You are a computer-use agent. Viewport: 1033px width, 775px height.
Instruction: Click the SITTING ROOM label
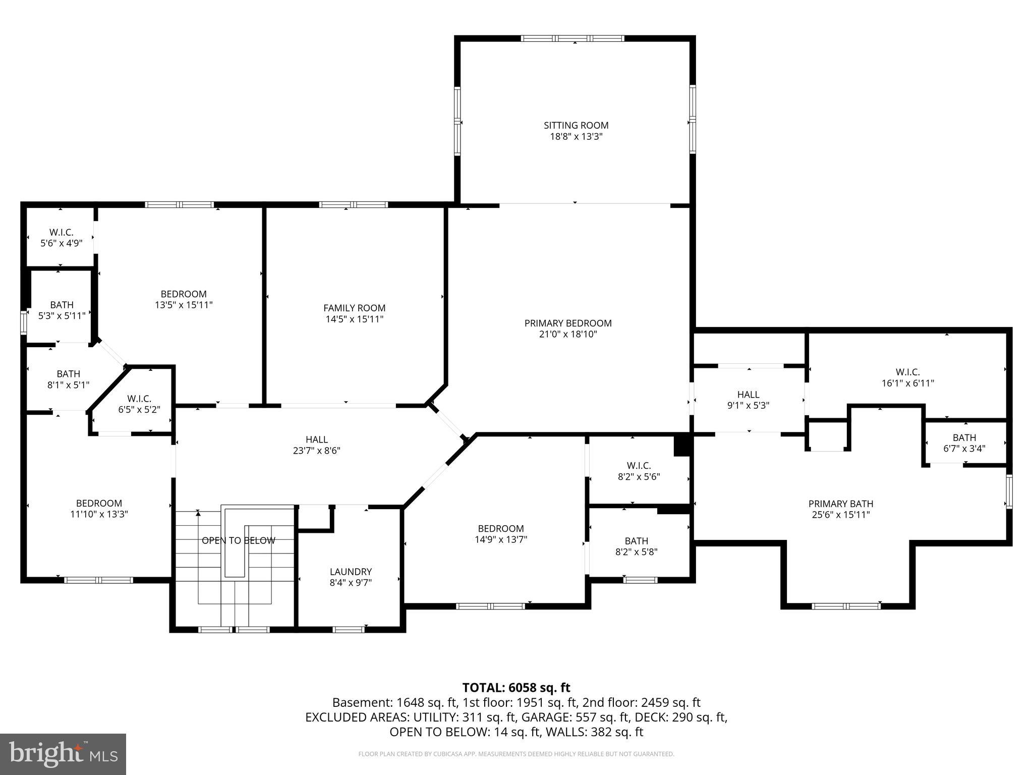click(576, 125)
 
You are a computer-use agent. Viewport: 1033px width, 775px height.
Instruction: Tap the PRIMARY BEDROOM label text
click(567, 323)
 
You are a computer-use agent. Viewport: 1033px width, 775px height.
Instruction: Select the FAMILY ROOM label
click(354, 308)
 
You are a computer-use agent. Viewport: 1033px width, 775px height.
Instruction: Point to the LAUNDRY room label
click(351, 572)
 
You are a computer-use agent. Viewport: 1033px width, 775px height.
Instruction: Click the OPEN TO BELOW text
click(238, 540)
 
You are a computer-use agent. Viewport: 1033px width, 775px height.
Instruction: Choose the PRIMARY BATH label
click(840, 504)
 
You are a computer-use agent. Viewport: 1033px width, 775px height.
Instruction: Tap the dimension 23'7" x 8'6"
click(316, 451)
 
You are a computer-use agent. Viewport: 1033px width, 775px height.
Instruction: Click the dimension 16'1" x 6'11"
click(907, 383)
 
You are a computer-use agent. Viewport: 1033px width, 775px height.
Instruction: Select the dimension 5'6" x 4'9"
click(61, 243)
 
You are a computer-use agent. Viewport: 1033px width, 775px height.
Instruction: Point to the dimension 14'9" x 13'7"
click(500, 539)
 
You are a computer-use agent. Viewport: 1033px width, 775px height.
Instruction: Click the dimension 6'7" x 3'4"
click(964, 448)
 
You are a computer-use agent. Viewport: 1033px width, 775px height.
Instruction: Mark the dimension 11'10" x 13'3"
click(99, 514)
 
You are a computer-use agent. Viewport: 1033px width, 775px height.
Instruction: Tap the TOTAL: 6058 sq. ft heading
click(516, 688)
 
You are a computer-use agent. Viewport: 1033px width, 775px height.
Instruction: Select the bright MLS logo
click(63, 754)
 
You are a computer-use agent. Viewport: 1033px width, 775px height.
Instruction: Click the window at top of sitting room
click(572, 38)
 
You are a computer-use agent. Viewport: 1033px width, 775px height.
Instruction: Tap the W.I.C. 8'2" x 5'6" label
click(639, 471)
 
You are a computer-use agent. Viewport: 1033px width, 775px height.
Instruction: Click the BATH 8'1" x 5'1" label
click(68, 379)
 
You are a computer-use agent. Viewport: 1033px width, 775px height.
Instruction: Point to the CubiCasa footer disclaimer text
click(516, 754)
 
